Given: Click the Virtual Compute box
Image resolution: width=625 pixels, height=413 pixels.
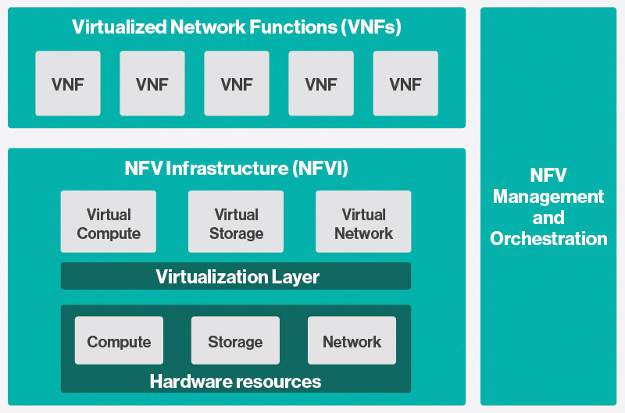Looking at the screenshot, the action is [x=109, y=222].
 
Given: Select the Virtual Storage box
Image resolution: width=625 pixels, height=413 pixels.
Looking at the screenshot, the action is [x=236, y=222].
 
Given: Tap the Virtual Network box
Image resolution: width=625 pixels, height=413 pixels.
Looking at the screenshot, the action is [x=363, y=222].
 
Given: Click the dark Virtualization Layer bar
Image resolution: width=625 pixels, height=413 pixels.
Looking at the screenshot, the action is [x=236, y=276].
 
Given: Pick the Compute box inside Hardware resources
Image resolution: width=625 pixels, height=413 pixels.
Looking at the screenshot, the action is [x=119, y=340].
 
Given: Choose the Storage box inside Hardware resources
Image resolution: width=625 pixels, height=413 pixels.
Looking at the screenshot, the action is [x=236, y=340].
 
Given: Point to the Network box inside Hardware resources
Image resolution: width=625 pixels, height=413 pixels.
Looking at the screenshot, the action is [x=352, y=340].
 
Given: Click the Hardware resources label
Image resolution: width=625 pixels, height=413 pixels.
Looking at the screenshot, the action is [x=236, y=382].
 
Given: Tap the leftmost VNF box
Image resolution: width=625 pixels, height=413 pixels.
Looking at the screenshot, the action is [x=68, y=84].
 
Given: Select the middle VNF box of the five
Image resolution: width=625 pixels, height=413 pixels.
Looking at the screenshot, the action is [x=237, y=84].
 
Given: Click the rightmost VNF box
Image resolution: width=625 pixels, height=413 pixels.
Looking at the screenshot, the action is [x=405, y=84].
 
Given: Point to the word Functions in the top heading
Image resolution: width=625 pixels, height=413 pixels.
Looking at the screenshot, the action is [x=294, y=27].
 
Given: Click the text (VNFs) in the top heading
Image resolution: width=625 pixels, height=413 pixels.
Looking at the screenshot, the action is [x=371, y=27].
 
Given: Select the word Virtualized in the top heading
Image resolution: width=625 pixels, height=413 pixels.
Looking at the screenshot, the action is [x=120, y=27].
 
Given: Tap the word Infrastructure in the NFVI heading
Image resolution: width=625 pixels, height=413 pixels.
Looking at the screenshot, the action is [x=227, y=168].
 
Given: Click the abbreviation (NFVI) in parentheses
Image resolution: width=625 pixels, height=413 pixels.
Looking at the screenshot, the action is [x=320, y=169].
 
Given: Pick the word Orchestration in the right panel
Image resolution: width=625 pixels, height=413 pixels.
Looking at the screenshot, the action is [x=548, y=239].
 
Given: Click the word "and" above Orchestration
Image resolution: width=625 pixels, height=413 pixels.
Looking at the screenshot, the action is [x=548, y=218].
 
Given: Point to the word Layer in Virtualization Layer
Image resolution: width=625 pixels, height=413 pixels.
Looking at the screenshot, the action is [x=295, y=277].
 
